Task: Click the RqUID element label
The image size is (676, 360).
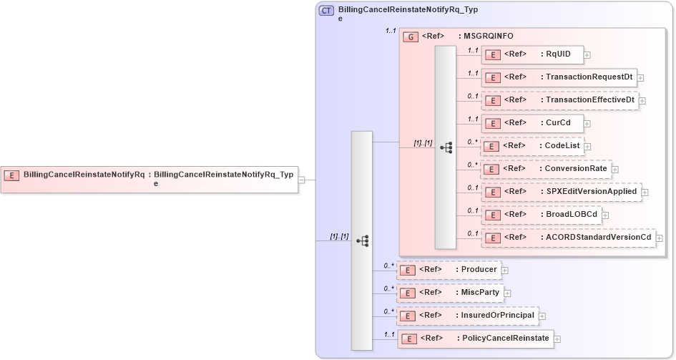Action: (558, 54)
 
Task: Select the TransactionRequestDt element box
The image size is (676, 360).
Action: (559, 77)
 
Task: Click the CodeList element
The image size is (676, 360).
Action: (532, 146)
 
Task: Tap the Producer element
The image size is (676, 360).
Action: (449, 270)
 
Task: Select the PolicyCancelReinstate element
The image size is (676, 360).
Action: (475, 339)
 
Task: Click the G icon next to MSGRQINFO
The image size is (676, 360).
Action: (411, 37)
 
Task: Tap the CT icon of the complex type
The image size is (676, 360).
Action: (327, 11)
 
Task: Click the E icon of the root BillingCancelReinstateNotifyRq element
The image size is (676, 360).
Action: (11, 175)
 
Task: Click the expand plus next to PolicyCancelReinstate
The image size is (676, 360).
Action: (557, 339)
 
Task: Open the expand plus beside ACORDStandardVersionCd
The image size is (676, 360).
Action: (660, 238)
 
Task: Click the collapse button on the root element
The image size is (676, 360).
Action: (301, 180)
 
